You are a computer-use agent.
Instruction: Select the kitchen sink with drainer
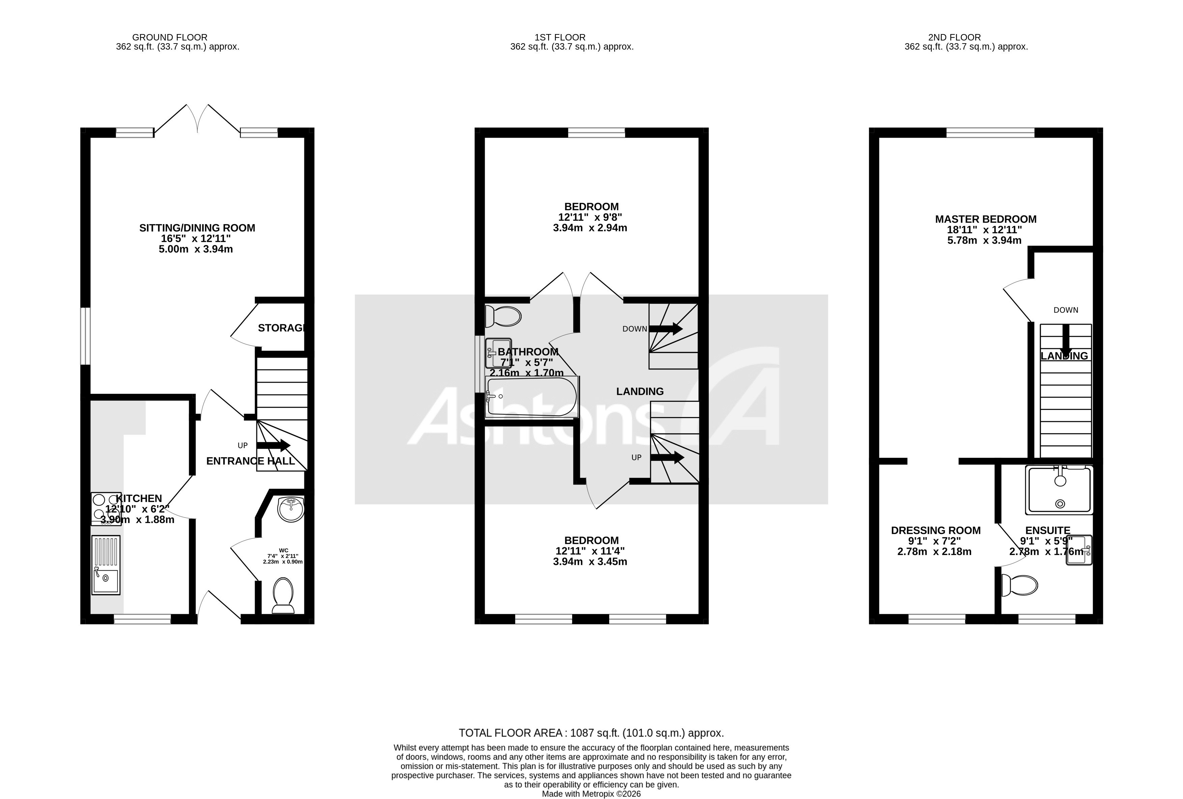pos(106,565)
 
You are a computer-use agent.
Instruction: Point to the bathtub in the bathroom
pos(532,397)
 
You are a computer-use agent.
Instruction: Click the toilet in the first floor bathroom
pos(503,316)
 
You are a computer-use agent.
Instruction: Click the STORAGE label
pos(281,328)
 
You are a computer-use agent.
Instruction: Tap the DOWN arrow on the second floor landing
pos(1065,339)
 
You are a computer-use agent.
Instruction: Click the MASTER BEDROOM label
pos(985,219)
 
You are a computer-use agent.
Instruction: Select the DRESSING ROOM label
pos(936,531)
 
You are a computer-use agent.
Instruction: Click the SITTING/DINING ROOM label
pos(197,228)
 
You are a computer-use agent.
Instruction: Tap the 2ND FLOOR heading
pos(954,37)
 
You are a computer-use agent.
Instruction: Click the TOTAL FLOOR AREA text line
pos(591,733)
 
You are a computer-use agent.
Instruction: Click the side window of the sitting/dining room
pos(86,336)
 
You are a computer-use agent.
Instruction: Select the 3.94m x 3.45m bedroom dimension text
pos(590,562)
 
